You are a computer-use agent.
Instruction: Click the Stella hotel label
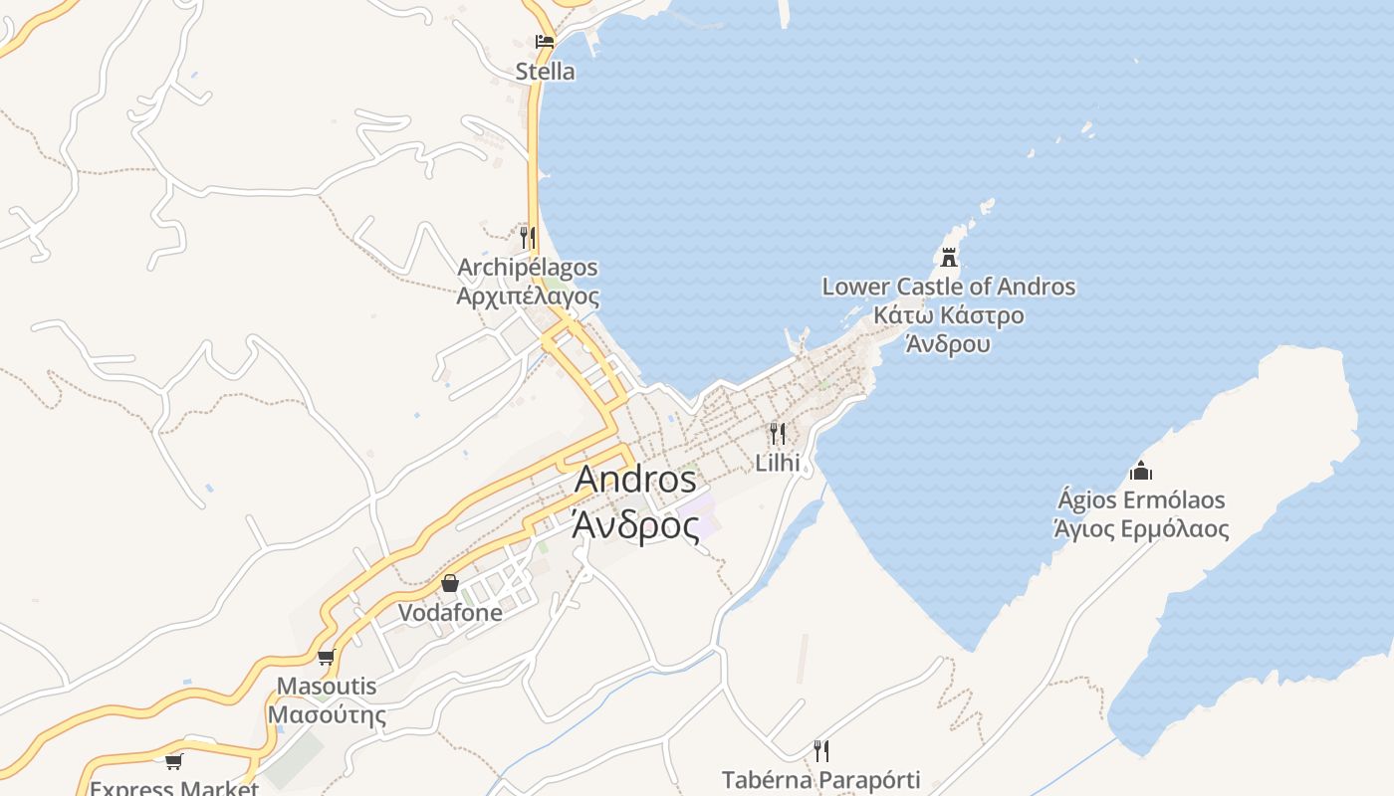[545, 72]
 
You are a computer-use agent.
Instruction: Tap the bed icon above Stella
[545, 42]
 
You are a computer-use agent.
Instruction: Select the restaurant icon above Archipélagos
[527, 237]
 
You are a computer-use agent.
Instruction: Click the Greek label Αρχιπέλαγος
[528, 297]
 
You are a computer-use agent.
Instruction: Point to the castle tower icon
[949, 258]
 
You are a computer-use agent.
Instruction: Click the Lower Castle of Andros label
[948, 287]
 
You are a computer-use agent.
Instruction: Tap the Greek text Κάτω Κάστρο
[948, 315]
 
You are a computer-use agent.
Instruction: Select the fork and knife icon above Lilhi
[778, 434]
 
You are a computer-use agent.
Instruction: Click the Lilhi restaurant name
[778, 463]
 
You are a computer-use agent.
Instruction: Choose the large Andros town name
[635, 479]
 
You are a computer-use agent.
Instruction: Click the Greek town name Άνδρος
[635, 524]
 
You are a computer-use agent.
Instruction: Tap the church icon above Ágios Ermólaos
[1141, 471]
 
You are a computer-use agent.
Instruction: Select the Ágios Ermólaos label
[1141, 499]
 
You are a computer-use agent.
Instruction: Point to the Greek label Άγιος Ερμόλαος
[1141, 528]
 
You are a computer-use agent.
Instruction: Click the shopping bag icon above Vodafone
[450, 583]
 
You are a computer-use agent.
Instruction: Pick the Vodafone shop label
[450, 613]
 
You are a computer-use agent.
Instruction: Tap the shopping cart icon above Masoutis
[326, 657]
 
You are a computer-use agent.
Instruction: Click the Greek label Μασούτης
[326, 714]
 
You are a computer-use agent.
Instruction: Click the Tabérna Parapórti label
[820, 779]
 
